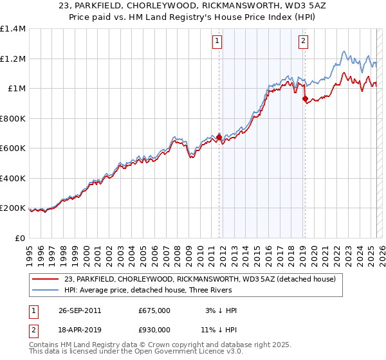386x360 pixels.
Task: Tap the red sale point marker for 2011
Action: (x=219, y=137)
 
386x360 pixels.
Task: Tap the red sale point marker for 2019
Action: (x=305, y=98)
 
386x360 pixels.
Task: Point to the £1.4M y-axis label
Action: (x=13, y=29)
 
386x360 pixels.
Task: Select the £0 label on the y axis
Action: (x=21, y=238)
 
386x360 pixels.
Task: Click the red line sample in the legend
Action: (x=46, y=278)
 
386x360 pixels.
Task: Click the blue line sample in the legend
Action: (x=46, y=290)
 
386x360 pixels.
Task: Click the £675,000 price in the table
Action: (x=154, y=310)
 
